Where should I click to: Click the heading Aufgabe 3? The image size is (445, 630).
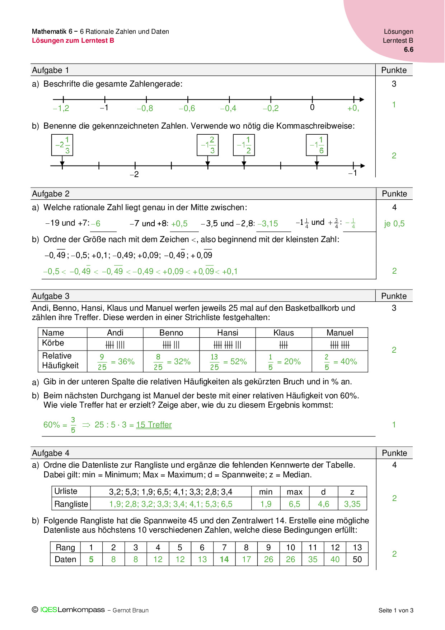[x=51, y=296]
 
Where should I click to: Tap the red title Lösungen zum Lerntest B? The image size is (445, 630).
[x=73, y=41]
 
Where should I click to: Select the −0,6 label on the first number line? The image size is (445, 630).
[x=187, y=108]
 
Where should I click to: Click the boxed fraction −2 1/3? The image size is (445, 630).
[x=62, y=145]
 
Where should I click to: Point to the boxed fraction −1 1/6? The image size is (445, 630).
[x=317, y=145]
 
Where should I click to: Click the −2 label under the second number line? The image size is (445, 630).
[x=134, y=175]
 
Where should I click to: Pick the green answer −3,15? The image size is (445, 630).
[x=268, y=224]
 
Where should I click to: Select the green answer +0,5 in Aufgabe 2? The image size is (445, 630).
[x=179, y=224]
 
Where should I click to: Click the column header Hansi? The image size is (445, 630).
[x=228, y=333]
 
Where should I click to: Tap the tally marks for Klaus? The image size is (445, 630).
[x=284, y=345]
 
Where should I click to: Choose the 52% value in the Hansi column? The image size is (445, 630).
[x=239, y=362]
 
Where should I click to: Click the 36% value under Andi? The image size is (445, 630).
[x=126, y=362]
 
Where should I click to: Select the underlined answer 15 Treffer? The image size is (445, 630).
[x=154, y=425]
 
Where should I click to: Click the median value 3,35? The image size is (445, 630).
[x=352, y=504]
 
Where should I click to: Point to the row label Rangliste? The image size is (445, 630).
[x=71, y=504]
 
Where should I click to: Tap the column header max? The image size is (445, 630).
[x=295, y=492]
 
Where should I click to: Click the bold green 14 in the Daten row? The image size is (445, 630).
[x=224, y=560]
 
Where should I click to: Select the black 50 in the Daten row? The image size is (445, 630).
[x=357, y=560]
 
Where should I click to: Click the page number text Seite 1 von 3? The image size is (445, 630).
[x=396, y=610]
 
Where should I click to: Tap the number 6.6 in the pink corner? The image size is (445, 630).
[x=408, y=50]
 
